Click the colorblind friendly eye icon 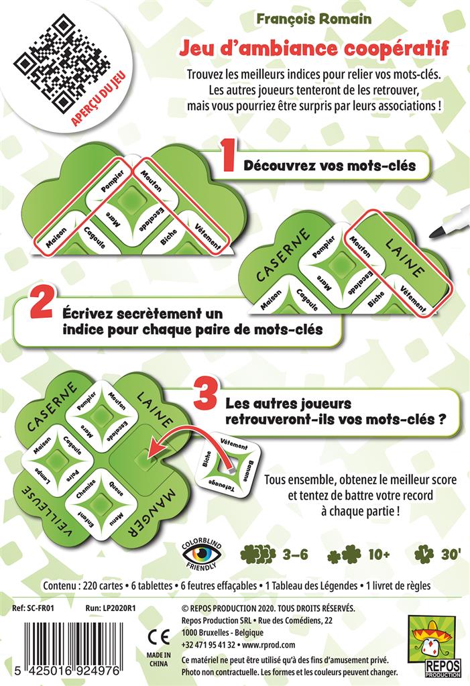(201, 555)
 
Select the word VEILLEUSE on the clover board (46, 511)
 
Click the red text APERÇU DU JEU (99, 98)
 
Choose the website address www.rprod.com (268, 645)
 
